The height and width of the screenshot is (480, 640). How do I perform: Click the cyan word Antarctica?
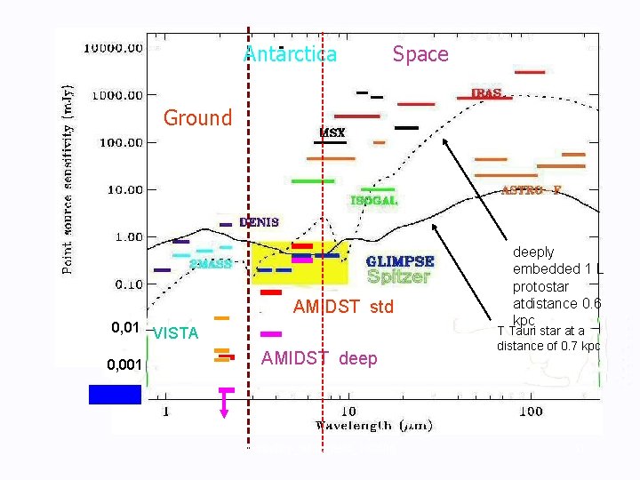290,54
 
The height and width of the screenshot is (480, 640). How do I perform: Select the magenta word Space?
420,54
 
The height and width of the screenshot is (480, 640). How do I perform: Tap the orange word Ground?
197,117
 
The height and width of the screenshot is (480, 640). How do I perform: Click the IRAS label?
486,93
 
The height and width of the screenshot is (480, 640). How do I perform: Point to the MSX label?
332,133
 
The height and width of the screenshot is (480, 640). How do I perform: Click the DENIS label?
258,222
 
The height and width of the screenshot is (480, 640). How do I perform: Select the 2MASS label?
211,264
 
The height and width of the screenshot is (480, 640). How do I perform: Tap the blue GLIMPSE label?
401,261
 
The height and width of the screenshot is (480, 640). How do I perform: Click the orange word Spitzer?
398,276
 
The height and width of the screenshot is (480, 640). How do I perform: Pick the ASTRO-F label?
532,190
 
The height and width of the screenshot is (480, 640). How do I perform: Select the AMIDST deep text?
319,358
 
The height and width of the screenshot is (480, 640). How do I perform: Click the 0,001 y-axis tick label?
124,365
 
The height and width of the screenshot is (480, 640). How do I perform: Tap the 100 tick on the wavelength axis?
530,412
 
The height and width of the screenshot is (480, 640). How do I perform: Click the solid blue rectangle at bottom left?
115,394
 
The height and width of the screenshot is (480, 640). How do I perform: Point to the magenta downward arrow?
225,404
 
